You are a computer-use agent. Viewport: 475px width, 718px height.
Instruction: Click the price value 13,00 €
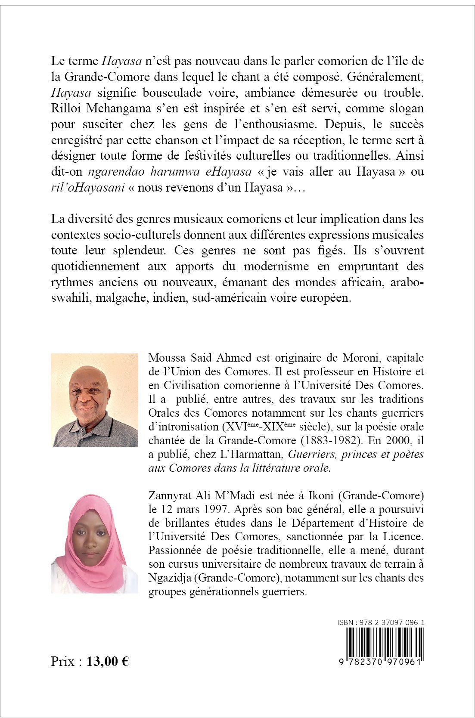coord(108,661)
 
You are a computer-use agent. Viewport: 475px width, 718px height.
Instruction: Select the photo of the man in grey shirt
coord(94,400)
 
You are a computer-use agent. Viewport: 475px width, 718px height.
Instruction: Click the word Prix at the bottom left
coord(63,661)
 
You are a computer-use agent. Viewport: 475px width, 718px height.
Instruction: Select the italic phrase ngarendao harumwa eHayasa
coord(170,172)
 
